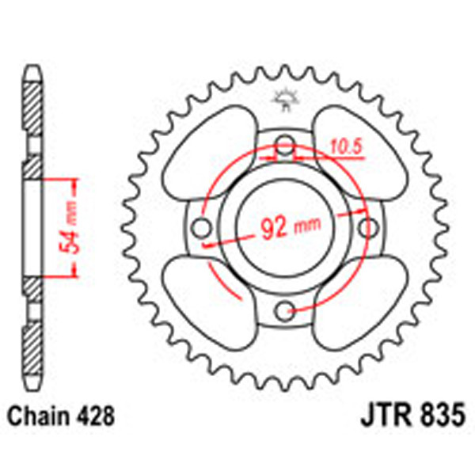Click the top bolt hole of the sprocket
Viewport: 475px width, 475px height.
(x=284, y=146)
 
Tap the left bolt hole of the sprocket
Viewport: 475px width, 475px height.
(x=203, y=228)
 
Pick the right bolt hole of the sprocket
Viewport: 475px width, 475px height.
(x=366, y=228)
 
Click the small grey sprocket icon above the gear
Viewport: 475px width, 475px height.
(x=283, y=99)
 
